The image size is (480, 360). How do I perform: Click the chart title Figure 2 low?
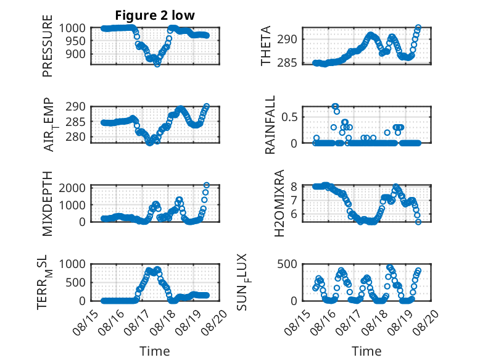(155, 15)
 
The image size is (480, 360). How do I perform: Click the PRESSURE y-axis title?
(48, 46)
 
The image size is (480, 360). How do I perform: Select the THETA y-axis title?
(266, 46)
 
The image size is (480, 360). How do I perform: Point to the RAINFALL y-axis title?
(270, 125)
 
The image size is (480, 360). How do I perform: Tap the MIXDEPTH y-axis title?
(48, 204)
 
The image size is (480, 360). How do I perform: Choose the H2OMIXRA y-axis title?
(279, 203)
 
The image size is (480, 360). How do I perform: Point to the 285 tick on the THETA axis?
(287, 63)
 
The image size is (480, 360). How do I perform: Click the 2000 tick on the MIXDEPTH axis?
(72, 188)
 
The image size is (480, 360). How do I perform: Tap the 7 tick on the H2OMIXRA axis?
(294, 201)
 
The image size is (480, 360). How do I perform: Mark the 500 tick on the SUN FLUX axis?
(287, 264)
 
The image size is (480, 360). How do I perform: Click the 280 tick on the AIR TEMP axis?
(76, 137)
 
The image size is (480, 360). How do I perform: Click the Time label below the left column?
(155, 351)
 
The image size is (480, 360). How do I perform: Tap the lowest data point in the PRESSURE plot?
(157, 64)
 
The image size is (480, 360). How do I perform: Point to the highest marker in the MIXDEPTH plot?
(207, 185)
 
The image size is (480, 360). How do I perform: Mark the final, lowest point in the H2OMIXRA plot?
(418, 222)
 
